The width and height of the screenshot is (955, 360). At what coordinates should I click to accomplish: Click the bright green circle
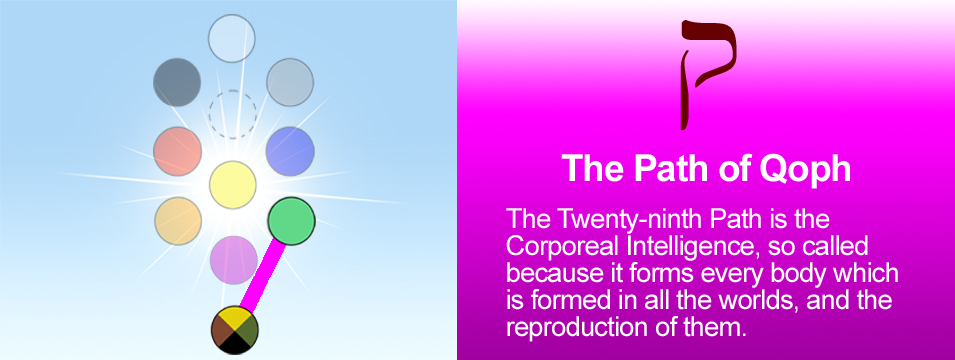[292, 221]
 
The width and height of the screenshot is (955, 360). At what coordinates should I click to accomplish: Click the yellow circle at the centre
[233, 185]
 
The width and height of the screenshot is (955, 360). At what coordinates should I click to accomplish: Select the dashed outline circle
[233, 114]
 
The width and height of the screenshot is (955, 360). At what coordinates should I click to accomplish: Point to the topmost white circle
[231, 38]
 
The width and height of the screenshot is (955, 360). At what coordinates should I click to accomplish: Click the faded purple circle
[234, 259]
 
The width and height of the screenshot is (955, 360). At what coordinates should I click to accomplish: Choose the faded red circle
[178, 151]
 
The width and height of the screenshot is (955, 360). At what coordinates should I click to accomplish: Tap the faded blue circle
[291, 151]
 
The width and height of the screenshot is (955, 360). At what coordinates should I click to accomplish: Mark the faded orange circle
[178, 221]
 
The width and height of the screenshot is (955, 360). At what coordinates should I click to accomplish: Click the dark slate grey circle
[177, 82]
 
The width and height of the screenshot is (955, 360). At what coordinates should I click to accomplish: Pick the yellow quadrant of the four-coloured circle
[235, 317]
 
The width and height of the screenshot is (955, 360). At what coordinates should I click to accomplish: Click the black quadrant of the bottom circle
[235, 344]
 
